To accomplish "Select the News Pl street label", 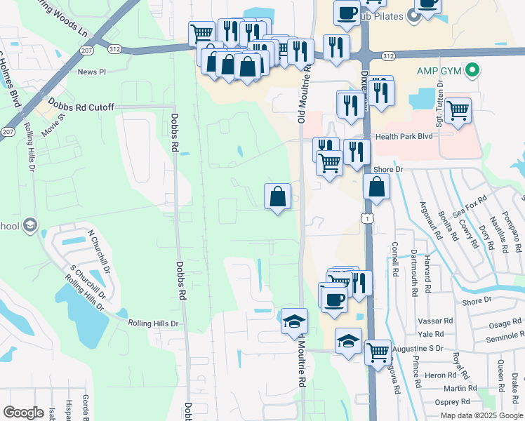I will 91,72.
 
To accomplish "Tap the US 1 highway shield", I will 367,219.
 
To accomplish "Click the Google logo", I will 23,413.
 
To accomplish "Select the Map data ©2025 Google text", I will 481,415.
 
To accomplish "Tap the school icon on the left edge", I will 29,225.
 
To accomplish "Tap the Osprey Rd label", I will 453,402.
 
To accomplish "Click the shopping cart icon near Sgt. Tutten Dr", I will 458,109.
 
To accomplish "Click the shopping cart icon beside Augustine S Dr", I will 378,350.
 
